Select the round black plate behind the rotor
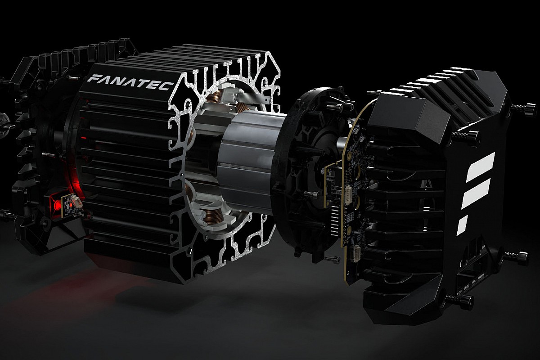297,171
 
